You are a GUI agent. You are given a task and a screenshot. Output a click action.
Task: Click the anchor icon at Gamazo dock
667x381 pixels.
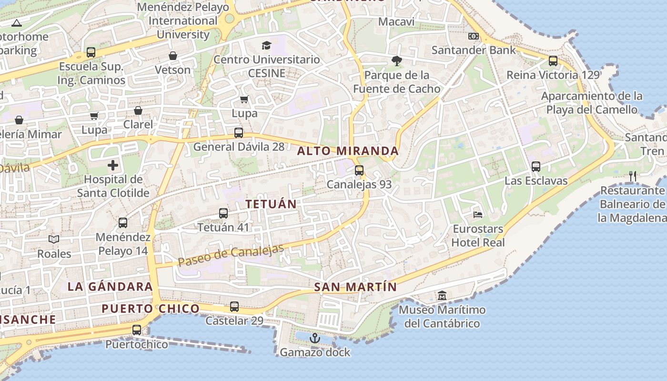[314, 339]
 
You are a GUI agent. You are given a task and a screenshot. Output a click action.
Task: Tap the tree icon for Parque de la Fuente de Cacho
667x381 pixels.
[396, 61]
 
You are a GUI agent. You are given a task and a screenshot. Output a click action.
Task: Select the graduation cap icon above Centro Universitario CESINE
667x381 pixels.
[266, 45]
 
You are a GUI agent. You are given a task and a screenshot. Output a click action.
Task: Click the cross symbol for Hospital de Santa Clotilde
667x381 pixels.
[113, 166]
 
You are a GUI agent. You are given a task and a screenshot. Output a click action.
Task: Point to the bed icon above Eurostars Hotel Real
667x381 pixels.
[478, 214]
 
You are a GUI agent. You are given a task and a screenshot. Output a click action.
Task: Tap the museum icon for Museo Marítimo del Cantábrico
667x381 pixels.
[442, 295]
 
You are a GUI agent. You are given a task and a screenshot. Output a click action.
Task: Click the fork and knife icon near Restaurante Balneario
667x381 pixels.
[632, 176]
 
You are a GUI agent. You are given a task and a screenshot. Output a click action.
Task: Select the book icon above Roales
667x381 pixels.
[54, 239]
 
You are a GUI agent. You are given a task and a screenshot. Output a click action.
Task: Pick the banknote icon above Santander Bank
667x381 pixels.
[473, 36]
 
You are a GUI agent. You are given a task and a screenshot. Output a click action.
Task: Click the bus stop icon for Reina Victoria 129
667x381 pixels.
[553, 61]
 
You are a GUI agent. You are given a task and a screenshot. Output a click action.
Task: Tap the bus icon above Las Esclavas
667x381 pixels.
[536, 167]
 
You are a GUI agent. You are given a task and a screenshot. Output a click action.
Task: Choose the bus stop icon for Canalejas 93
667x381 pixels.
[359, 170]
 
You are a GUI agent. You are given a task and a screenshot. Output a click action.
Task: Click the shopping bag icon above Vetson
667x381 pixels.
[172, 56]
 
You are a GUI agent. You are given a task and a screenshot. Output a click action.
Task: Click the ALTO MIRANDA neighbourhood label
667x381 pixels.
[348, 151]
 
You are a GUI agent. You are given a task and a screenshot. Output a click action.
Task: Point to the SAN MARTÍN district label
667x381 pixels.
[355, 287]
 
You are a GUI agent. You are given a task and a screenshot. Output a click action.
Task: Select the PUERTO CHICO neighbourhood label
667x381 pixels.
[151, 309]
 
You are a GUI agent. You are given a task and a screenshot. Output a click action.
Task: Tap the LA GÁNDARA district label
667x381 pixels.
[110, 286]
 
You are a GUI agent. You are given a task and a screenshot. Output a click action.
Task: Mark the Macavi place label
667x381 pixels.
[396, 22]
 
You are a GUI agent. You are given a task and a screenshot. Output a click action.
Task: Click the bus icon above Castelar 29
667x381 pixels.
[234, 307]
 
